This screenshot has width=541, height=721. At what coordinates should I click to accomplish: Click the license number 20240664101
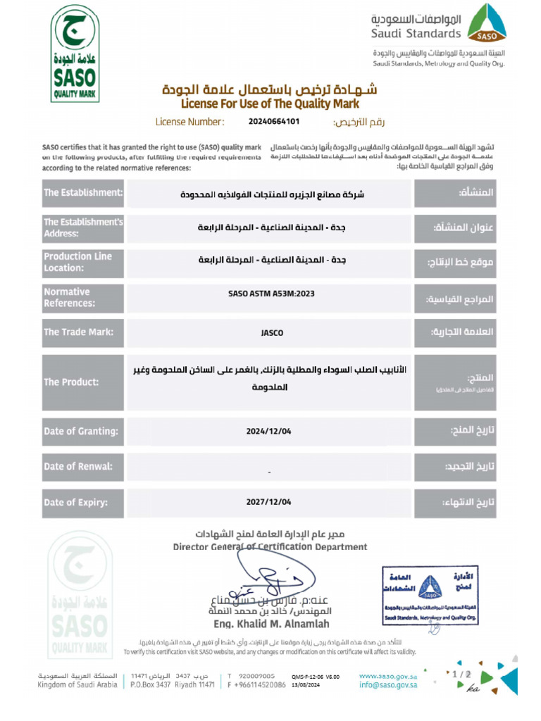click(274, 122)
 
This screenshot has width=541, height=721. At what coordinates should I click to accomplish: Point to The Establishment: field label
click(83, 193)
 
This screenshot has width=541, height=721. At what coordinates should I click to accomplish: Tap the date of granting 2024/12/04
click(268, 431)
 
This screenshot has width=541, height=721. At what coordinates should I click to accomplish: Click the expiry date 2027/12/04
click(268, 502)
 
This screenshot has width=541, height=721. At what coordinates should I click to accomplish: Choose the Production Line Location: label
click(77, 262)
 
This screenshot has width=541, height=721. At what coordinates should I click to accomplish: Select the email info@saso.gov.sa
click(388, 684)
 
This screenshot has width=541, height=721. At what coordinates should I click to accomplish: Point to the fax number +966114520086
click(261, 684)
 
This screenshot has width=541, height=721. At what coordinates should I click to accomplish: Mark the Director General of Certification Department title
click(270, 546)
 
